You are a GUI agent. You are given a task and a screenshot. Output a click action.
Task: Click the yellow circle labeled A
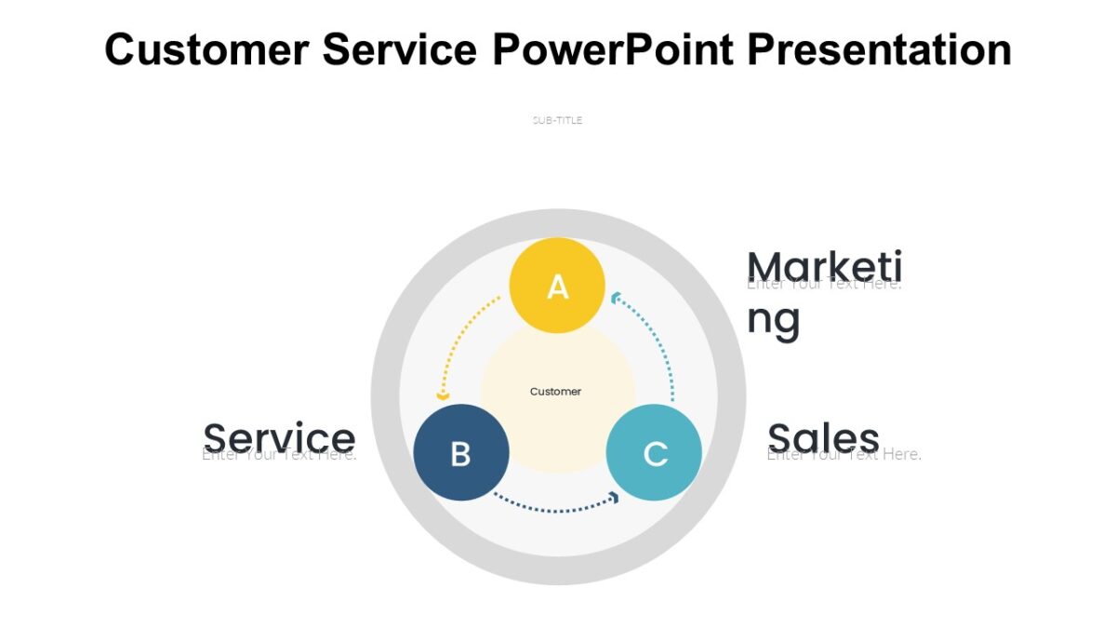click(x=557, y=285)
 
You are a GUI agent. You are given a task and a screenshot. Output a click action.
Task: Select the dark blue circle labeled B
click(x=460, y=452)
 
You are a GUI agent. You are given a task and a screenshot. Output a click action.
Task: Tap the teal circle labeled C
click(x=654, y=452)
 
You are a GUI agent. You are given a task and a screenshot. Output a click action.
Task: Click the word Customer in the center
click(x=555, y=392)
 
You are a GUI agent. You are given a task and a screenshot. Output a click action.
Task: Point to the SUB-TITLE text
click(x=557, y=120)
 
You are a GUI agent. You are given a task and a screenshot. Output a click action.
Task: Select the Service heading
click(x=279, y=437)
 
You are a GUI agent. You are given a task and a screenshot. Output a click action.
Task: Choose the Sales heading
click(x=824, y=437)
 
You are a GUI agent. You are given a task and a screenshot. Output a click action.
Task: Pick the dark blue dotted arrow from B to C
click(x=553, y=508)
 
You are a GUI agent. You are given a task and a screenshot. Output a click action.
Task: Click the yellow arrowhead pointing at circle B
click(x=444, y=396)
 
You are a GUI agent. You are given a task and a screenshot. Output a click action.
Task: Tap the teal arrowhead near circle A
click(x=616, y=298)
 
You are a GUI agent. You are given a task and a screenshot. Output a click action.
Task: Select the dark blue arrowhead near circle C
click(x=613, y=498)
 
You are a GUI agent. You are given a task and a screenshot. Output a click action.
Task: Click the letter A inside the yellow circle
click(x=557, y=287)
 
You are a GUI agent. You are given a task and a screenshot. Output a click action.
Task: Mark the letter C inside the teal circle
click(x=656, y=455)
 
